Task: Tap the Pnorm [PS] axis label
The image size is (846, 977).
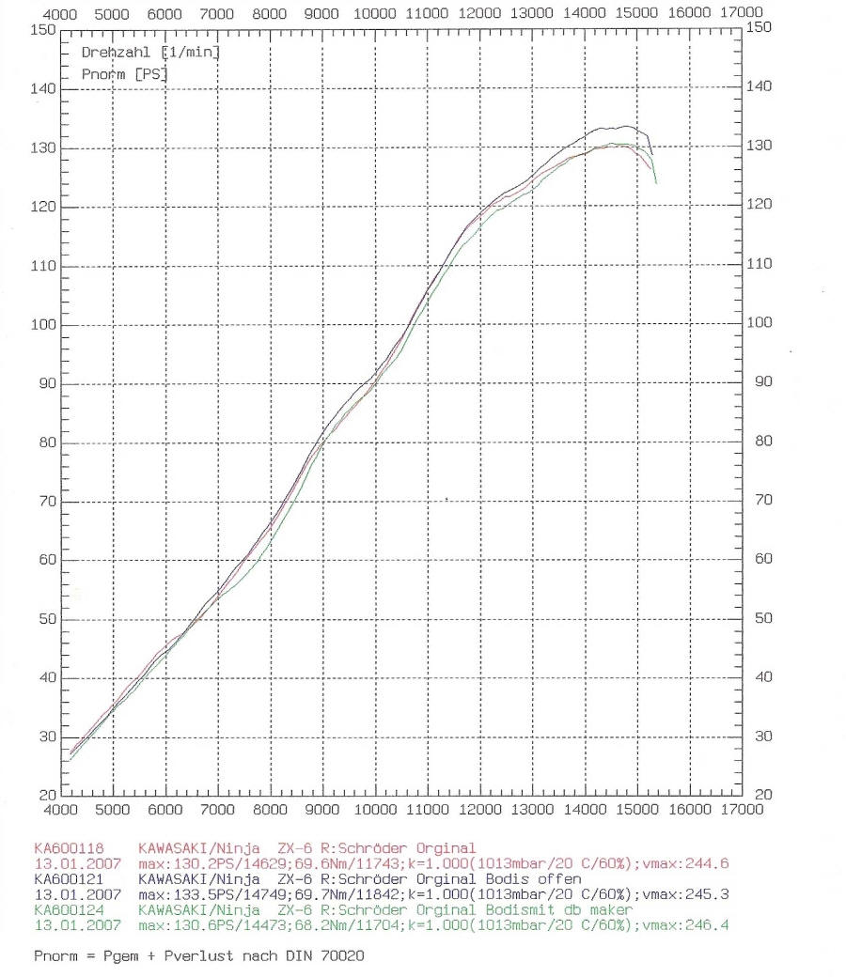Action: [x=120, y=73]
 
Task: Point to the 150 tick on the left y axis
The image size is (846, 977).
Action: [x=42, y=29]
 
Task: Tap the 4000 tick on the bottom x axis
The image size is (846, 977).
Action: [x=61, y=808]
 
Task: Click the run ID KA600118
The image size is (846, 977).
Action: [x=65, y=849]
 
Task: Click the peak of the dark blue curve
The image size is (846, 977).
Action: [x=625, y=126]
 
